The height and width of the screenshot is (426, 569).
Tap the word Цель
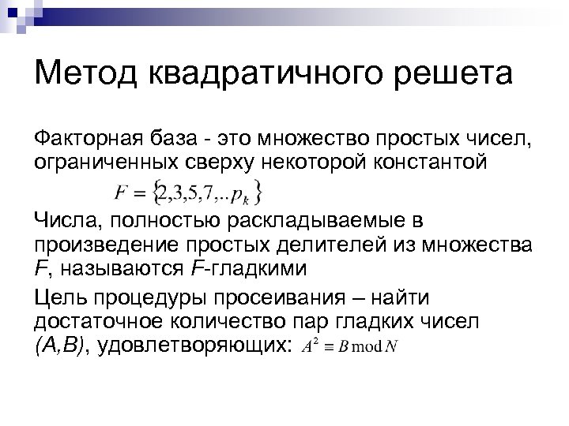click(x=60, y=298)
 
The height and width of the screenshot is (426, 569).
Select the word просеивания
click(x=291, y=298)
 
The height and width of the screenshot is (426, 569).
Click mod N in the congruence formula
click(x=372, y=349)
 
